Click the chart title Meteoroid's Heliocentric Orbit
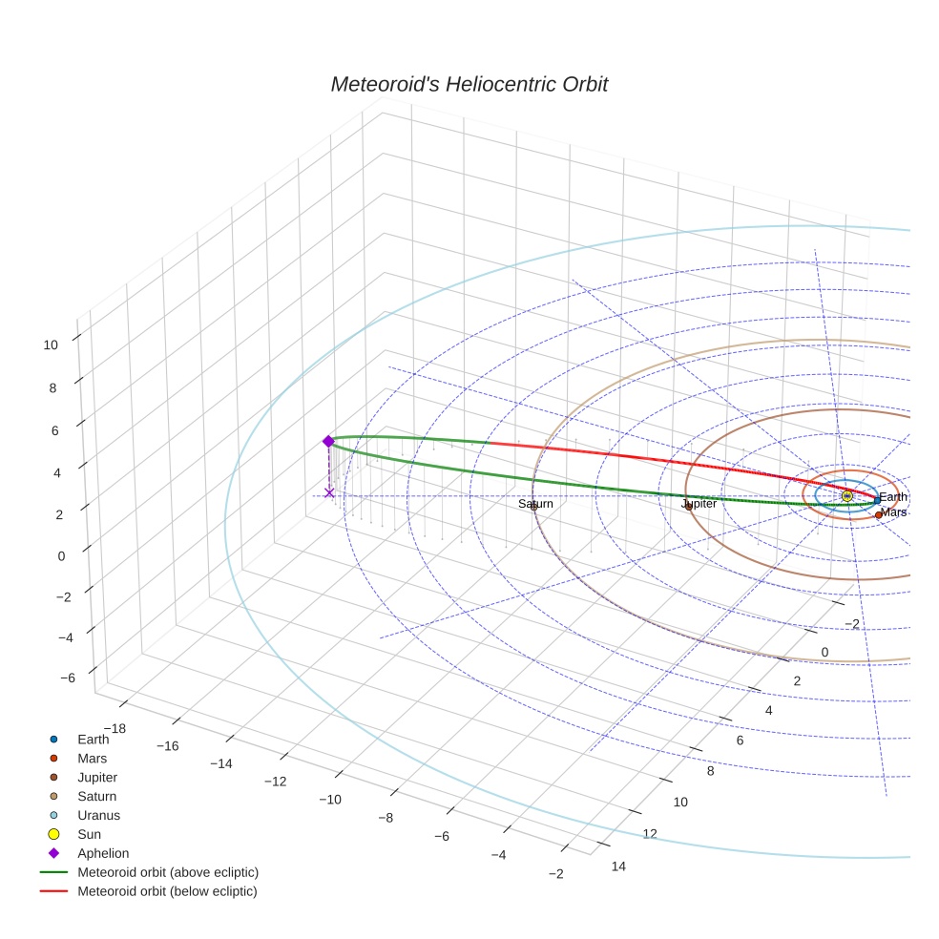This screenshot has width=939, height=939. click(469, 85)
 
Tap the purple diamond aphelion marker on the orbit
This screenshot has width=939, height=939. click(328, 441)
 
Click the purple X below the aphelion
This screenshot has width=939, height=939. click(329, 492)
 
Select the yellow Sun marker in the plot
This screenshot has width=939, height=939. click(846, 496)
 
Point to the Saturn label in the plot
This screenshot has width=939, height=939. click(535, 504)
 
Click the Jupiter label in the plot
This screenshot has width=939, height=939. click(699, 504)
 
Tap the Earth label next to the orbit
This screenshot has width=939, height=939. click(893, 497)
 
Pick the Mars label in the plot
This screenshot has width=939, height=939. click(893, 512)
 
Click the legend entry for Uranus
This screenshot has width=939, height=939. click(98, 815)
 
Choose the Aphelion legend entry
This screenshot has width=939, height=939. click(103, 853)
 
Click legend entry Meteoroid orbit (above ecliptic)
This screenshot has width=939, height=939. click(167, 872)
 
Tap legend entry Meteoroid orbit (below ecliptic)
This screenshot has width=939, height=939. click(167, 891)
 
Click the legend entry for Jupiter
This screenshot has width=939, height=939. click(97, 777)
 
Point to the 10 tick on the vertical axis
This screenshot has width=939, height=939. click(51, 345)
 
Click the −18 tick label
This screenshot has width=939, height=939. click(114, 729)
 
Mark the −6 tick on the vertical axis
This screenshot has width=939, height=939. click(67, 678)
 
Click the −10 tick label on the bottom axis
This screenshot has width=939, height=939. click(330, 799)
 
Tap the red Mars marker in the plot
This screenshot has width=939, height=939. click(879, 514)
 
